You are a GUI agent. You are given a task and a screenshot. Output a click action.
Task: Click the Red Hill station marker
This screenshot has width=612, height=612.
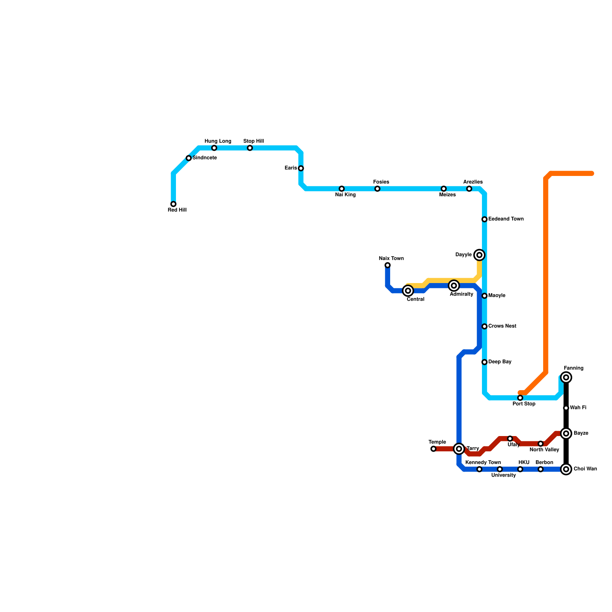click(x=173, y=204)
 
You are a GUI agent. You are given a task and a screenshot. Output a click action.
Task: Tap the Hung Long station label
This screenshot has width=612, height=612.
click(x=218, y=142)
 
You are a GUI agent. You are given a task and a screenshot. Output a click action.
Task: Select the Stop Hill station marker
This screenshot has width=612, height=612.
click(x=250, y=148)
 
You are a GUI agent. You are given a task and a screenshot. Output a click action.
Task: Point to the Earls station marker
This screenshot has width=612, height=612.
click(x=301, y=168)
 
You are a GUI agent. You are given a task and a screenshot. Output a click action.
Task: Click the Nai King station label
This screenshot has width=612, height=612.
click(x=345, y=195)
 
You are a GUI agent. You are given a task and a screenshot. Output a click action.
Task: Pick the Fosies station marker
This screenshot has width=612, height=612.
click(x=378, y=189)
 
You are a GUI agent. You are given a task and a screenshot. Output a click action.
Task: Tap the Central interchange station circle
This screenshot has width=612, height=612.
click(x=408, y=291)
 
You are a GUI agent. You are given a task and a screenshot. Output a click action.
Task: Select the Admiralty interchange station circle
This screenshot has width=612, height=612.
click(x=454, y=286)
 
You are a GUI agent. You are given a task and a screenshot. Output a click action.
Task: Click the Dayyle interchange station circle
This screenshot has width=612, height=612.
click(x=479, y=255)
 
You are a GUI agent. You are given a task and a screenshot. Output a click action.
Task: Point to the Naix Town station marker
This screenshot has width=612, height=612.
click(x=387, y=265)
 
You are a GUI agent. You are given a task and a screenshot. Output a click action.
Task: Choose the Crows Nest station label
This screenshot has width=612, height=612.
click(x=502, y=326)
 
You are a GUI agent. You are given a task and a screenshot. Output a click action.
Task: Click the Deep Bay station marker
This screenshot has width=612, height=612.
click(x=485, y=362)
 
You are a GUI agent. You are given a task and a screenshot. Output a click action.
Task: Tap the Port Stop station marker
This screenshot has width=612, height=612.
click(x=520, y=398)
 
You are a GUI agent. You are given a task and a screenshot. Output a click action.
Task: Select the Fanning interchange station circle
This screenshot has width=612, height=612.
click(x=566, y=378)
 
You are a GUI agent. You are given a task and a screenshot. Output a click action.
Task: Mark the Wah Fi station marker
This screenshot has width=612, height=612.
click(x=566, y=408)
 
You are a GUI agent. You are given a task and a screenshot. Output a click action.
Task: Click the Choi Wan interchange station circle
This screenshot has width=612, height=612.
click(x=566, y=469)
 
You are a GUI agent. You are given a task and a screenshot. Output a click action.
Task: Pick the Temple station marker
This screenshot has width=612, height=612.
click(x=433, y=449)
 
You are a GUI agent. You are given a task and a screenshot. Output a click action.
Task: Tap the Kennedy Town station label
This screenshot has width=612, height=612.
click(x=483, y=463)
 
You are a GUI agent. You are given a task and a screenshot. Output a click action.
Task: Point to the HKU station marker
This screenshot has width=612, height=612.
click(x=520, y=469)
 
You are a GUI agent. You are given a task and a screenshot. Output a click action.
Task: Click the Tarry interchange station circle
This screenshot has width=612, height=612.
click(x=459, y=449)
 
